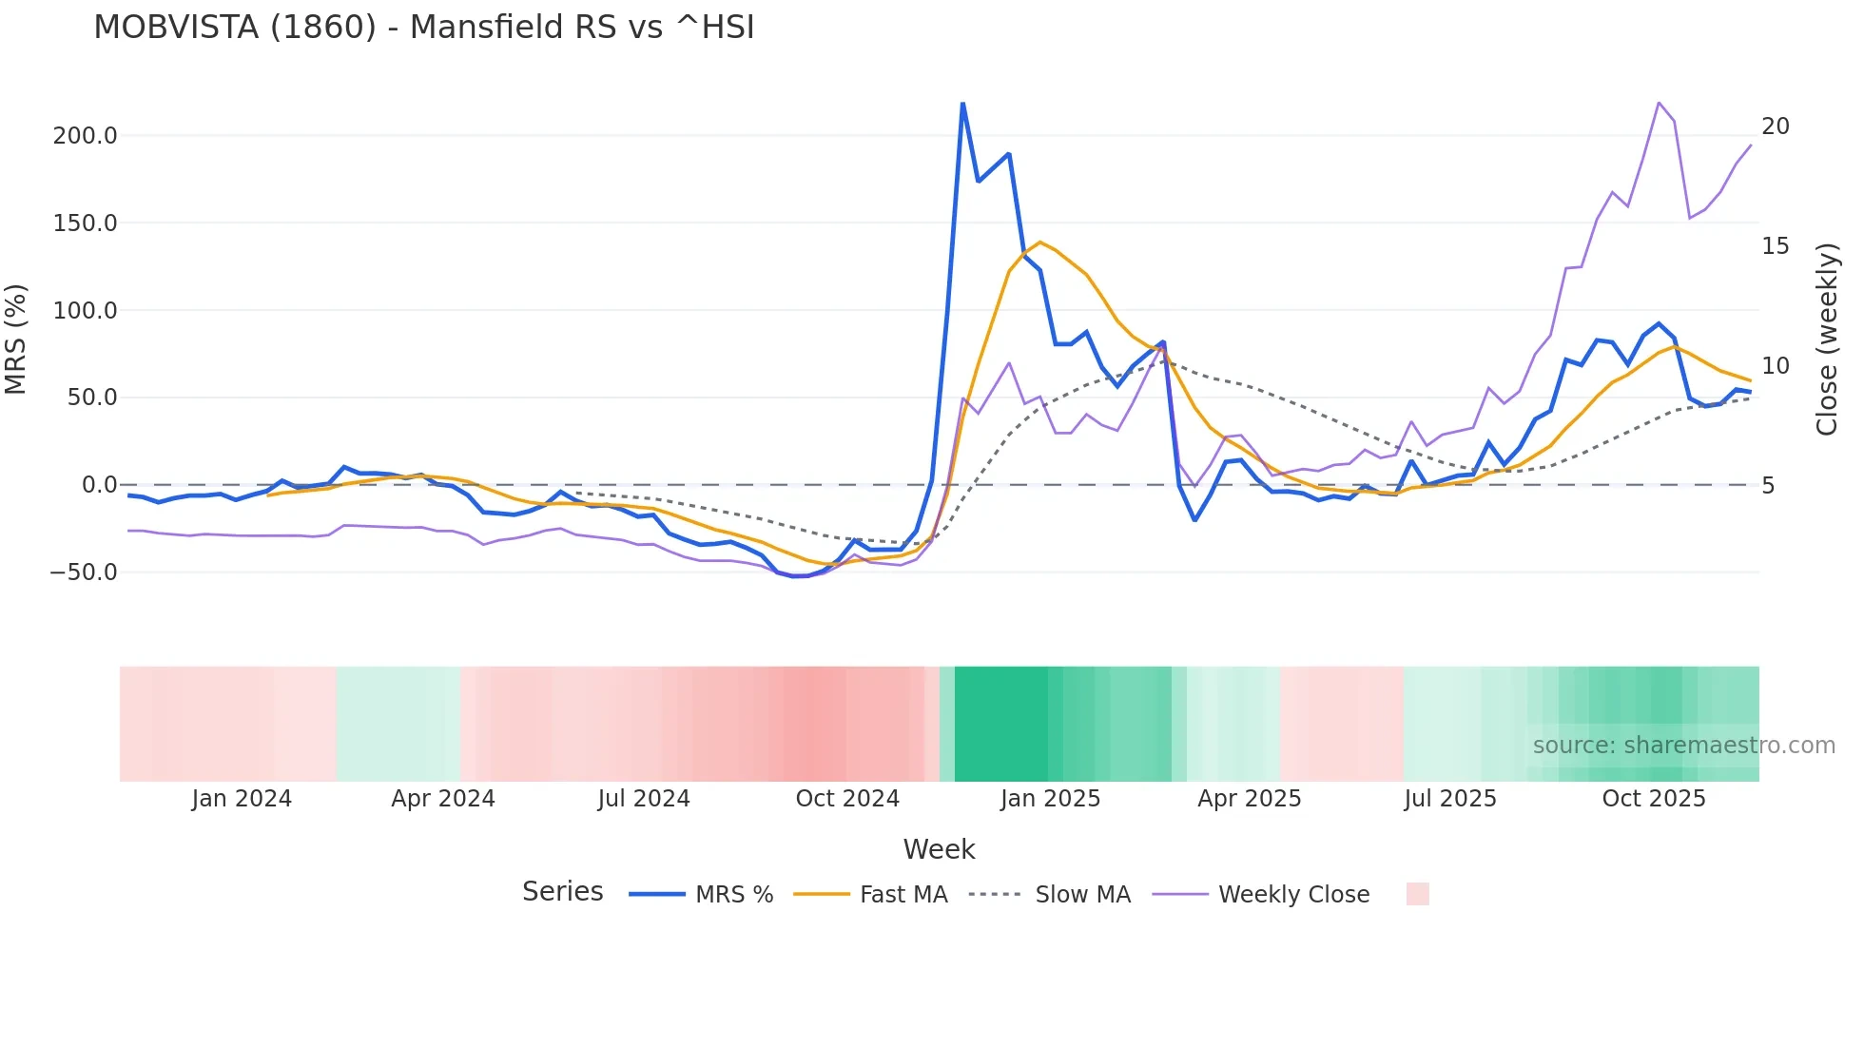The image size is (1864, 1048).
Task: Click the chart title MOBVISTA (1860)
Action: [423, 27]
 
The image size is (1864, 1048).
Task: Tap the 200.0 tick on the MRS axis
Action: [85, 136]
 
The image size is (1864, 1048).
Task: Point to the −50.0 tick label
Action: [83, 573]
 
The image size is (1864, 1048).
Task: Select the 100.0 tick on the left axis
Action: [85, 310]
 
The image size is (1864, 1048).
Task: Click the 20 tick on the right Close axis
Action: [1775, 126]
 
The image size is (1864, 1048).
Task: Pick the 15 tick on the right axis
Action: [1775, 246]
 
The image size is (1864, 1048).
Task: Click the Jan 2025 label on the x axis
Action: [1050, 799]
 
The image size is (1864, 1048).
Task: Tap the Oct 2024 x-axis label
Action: [847, 799]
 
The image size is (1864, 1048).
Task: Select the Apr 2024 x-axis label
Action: [443, 799]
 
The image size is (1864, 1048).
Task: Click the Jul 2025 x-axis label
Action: [1450, 799]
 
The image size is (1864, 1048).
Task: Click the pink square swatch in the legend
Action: [1417, 894]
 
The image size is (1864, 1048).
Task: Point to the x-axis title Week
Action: [939, 849]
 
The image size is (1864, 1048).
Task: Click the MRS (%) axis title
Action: [15, 339]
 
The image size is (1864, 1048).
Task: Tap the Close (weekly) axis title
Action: [1826, 340]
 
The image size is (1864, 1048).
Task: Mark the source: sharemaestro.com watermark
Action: [1683, 746]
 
